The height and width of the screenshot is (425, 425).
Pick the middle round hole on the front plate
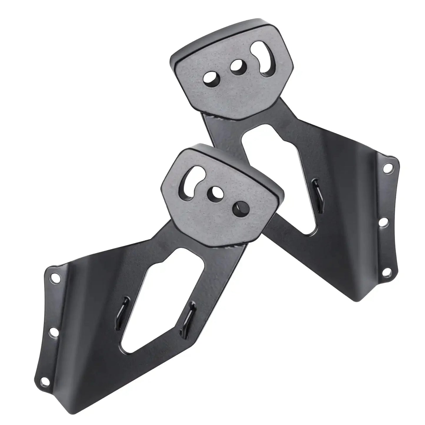pyautogui.click(x=215, y=192)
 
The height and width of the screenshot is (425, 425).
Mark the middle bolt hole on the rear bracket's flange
pyautogui.click(x=383, y=223)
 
